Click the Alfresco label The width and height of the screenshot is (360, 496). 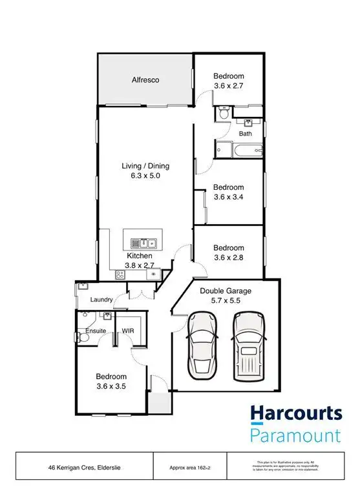pyautogui.click(x=145, y=80)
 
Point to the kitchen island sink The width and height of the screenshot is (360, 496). pyautogui.click(x=145, y=243)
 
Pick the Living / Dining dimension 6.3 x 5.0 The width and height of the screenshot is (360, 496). pyautogui.click(x=145, y=176)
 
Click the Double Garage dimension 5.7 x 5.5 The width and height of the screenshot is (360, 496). pyautogui.click(x=226, y=301)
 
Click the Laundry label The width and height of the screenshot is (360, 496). pyautogui.click(x=102, y=300)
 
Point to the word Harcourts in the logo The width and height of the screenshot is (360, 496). pyautogui.click(x=296, y=413)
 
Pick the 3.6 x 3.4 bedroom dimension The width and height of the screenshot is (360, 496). pyautogui.click(x=229, y=198)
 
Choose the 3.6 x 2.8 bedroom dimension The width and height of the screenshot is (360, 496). pyautogui.click(x=229, y=258)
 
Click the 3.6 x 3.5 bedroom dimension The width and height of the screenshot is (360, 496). pyautogui.click(x=111, y=387)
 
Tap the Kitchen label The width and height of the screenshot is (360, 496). pyautogui.click(x=139, y=256)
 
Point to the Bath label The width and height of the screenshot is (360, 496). pyautogui.click(x=246, y=134)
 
